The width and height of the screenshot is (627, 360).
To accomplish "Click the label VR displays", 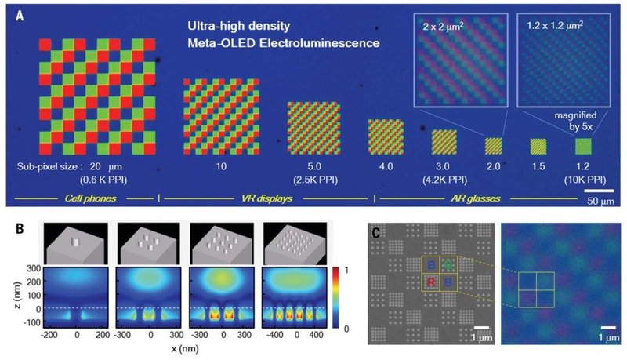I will click(x=263, y=196).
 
